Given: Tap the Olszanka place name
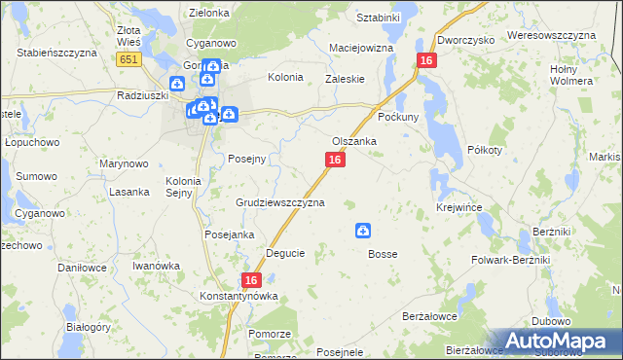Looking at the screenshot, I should point(354,141).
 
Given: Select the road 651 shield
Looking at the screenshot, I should point(128,59).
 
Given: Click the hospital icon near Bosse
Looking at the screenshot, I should point(362,231).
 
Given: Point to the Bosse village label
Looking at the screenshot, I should point(383,254).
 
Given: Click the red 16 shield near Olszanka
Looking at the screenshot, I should point(335,160).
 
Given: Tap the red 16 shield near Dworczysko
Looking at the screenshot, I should point(425,60).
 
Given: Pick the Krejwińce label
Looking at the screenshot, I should point(461,208).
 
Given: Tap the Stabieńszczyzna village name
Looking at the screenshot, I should point(56,53).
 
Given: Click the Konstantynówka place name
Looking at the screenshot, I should point(238,296).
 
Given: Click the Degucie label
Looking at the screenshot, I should point(285,253).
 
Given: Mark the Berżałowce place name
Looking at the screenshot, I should point(429,317).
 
